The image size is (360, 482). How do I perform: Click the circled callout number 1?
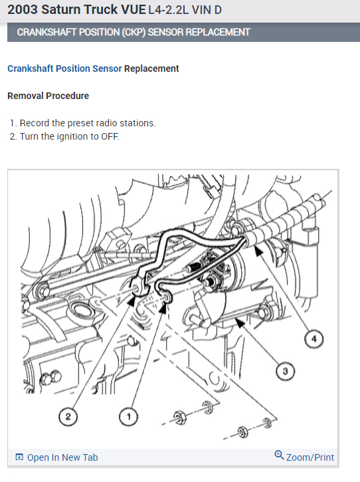click(128, 417)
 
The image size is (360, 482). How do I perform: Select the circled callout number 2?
click(68, 417)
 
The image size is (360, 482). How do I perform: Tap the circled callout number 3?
click(285, 371)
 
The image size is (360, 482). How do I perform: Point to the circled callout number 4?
click(314, 339)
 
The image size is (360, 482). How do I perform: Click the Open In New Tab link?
click(62, 457)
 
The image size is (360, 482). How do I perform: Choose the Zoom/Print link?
click(310, 457)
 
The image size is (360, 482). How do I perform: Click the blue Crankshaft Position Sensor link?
click(64, 68)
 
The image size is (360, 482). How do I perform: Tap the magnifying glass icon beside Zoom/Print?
click(279, 455)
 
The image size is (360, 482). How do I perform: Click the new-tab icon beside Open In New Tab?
click(19, 457)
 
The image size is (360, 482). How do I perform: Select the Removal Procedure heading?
click(48, 96)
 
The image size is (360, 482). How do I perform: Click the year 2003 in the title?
click(23, 9)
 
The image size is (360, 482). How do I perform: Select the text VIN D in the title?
click(207, 10)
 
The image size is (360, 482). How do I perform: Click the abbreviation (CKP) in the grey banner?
click(134, 33)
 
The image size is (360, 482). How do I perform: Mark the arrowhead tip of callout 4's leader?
click(256, 248)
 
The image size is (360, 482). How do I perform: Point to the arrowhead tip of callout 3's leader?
click(236, 318)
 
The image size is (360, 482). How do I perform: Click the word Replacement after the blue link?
click(151, 68)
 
